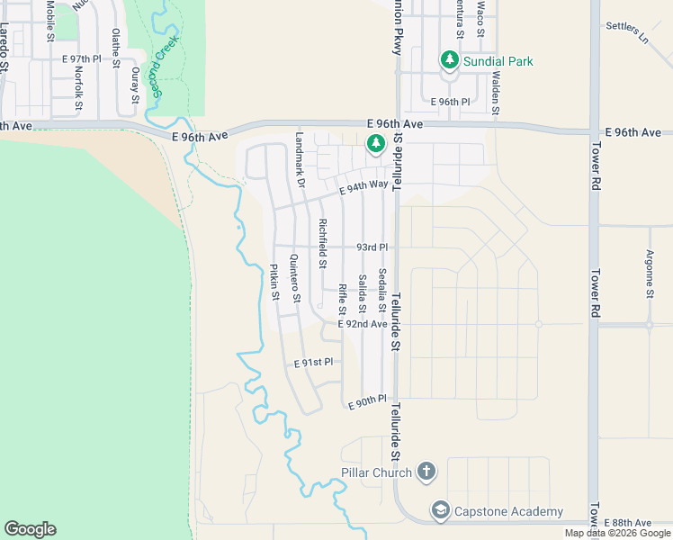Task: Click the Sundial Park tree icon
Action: [x=449, y=60]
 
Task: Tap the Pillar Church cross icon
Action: [x=426, y=472]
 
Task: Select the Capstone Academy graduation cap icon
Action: [x=440, y=511]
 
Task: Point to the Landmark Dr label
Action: [x=301, y=160]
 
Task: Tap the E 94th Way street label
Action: [x=363, y=186]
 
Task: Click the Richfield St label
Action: [x=321, y=244]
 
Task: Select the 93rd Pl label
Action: [x=372, y=247]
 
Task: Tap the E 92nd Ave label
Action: [x=362, y=324]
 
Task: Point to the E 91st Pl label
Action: [x=314, y=362]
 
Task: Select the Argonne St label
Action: [x=650, y=274]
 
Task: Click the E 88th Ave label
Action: [x=628, y=523]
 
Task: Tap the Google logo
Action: [x=30, y=529]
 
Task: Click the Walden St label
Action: [x=496, y=85]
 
